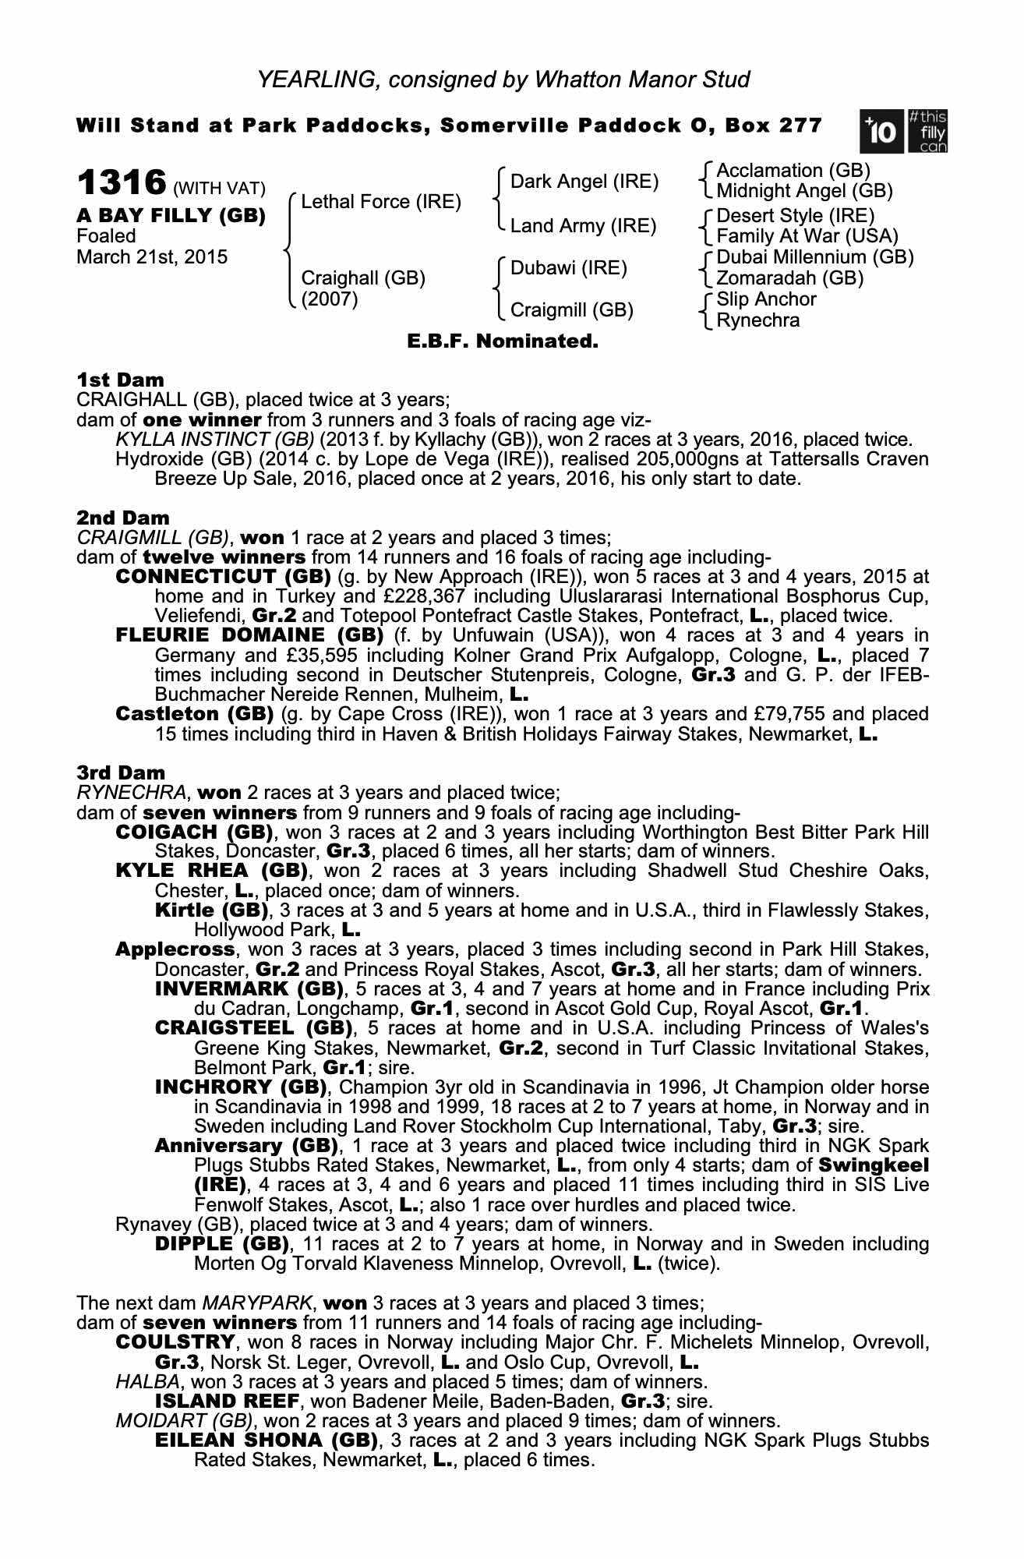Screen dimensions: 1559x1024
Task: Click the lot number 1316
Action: pyautogui.click(x=122, y=184)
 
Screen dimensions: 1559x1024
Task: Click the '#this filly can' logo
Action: pyautogui.click(x=927, y=133)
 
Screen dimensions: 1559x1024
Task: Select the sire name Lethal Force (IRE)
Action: pyautogui.click(x=381, y=202)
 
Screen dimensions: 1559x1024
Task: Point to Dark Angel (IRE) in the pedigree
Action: pyautogui.click(x=584, y=182)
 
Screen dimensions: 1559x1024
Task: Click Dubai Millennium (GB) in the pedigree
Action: pyautogui.click(x=814, y=257)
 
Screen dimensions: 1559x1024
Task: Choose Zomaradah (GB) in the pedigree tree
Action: pyautogui.click(x=789, y=278)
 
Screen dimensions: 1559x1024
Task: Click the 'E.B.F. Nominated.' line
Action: pyautogui.click(x=503, y=341)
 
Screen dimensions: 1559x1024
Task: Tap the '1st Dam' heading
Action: pyautogui.click(x=121, y=380)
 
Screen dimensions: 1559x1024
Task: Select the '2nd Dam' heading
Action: pyautogui.click(x=123, y=518)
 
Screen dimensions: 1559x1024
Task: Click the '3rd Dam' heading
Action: pyautogui.click(x=122, y=773)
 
